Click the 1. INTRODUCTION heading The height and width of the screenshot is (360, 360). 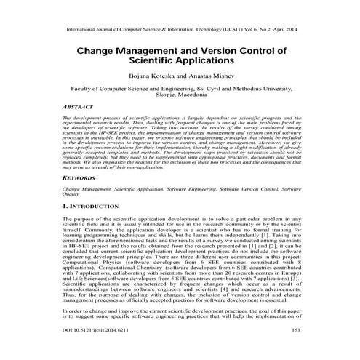(x=93, y=208)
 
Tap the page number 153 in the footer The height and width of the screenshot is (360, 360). (x=296, y=350)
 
